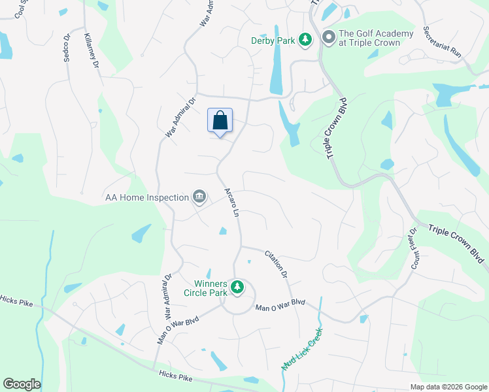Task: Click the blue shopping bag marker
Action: (x=220, y=122)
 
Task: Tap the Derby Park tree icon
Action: (x=305, y=41)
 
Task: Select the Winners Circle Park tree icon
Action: (x=239, y=286)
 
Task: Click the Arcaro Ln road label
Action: (x=233, y=203)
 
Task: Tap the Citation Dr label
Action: (x=276, y=265)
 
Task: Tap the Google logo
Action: (x=22, y=384)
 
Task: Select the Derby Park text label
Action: (x=273, y=41)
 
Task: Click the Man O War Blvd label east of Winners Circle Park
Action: (x=280, y=304)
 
